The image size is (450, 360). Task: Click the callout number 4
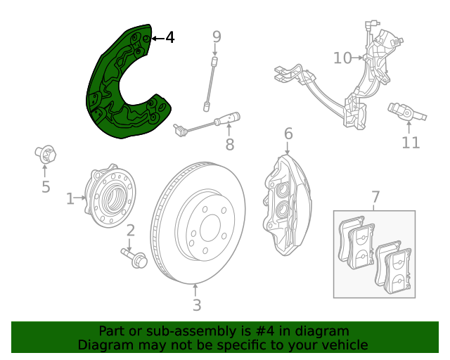pyautogui.click(x=170, y=37)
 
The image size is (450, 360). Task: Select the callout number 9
pyautogui.click(x=217, y=37)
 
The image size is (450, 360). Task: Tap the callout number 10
pyautogui.click(x=342, y=58)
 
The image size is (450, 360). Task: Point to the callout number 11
pyautogui.click(x=411, y=143)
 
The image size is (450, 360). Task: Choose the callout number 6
pyautogui.click(x=288, y=134)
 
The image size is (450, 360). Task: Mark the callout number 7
pyautogui.click(x=375, y=197)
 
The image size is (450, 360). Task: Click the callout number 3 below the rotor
pyautogui.click(x=197, y=305)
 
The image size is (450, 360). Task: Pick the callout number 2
pyautogui.click(x=131, y=231)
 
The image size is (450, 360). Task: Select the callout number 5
pyautogui.click(x=46, y=187)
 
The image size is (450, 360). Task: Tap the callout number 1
pyautogui.click(x=70, y=199)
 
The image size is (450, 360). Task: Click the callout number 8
pyautogui.click(x=230, y=144)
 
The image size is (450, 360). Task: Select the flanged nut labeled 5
pyautogui.click(x=45, y=154)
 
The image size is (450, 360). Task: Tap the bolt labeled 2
pyautogui.click(x=134, y=258)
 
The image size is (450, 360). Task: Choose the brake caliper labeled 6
pyautogui.click(x=287, y=205)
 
